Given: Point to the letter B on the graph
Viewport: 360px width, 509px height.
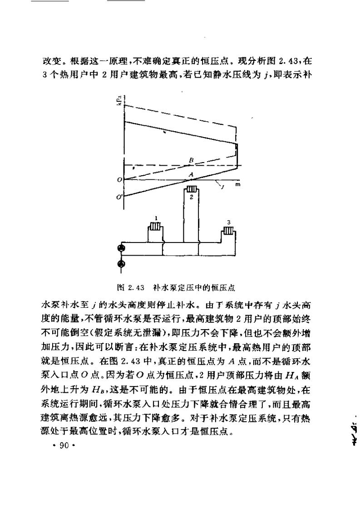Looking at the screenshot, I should pos(192,160).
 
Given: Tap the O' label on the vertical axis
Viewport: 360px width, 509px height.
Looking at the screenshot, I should pos(118,197).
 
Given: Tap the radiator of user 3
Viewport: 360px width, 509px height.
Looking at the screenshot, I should pos(228,231).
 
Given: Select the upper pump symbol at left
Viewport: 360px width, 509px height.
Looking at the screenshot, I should pos(121,248).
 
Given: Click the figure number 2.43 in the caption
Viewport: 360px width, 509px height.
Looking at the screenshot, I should pos(136,287).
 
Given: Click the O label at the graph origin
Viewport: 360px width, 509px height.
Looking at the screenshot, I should pos(119,180).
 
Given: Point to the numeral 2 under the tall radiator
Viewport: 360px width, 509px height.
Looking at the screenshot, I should pos(192,198).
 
